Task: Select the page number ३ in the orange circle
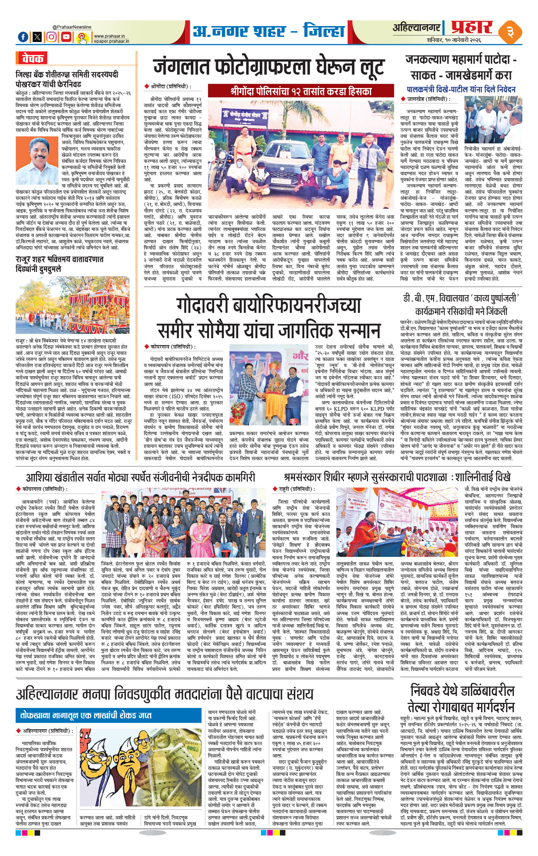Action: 511,32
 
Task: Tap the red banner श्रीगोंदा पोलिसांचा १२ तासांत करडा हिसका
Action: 301,91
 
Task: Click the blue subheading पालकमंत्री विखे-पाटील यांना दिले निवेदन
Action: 461,89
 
